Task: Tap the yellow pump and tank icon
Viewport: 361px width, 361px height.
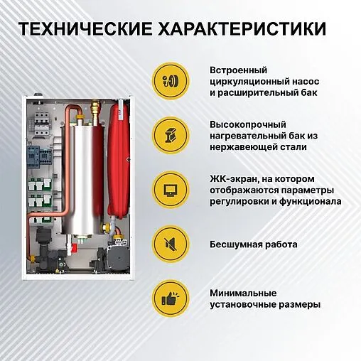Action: click(x=171, y=81)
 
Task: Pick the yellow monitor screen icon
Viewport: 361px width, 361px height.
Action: click(x=171, y=190)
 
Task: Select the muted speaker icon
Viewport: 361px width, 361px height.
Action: click(x=171, y=244)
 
